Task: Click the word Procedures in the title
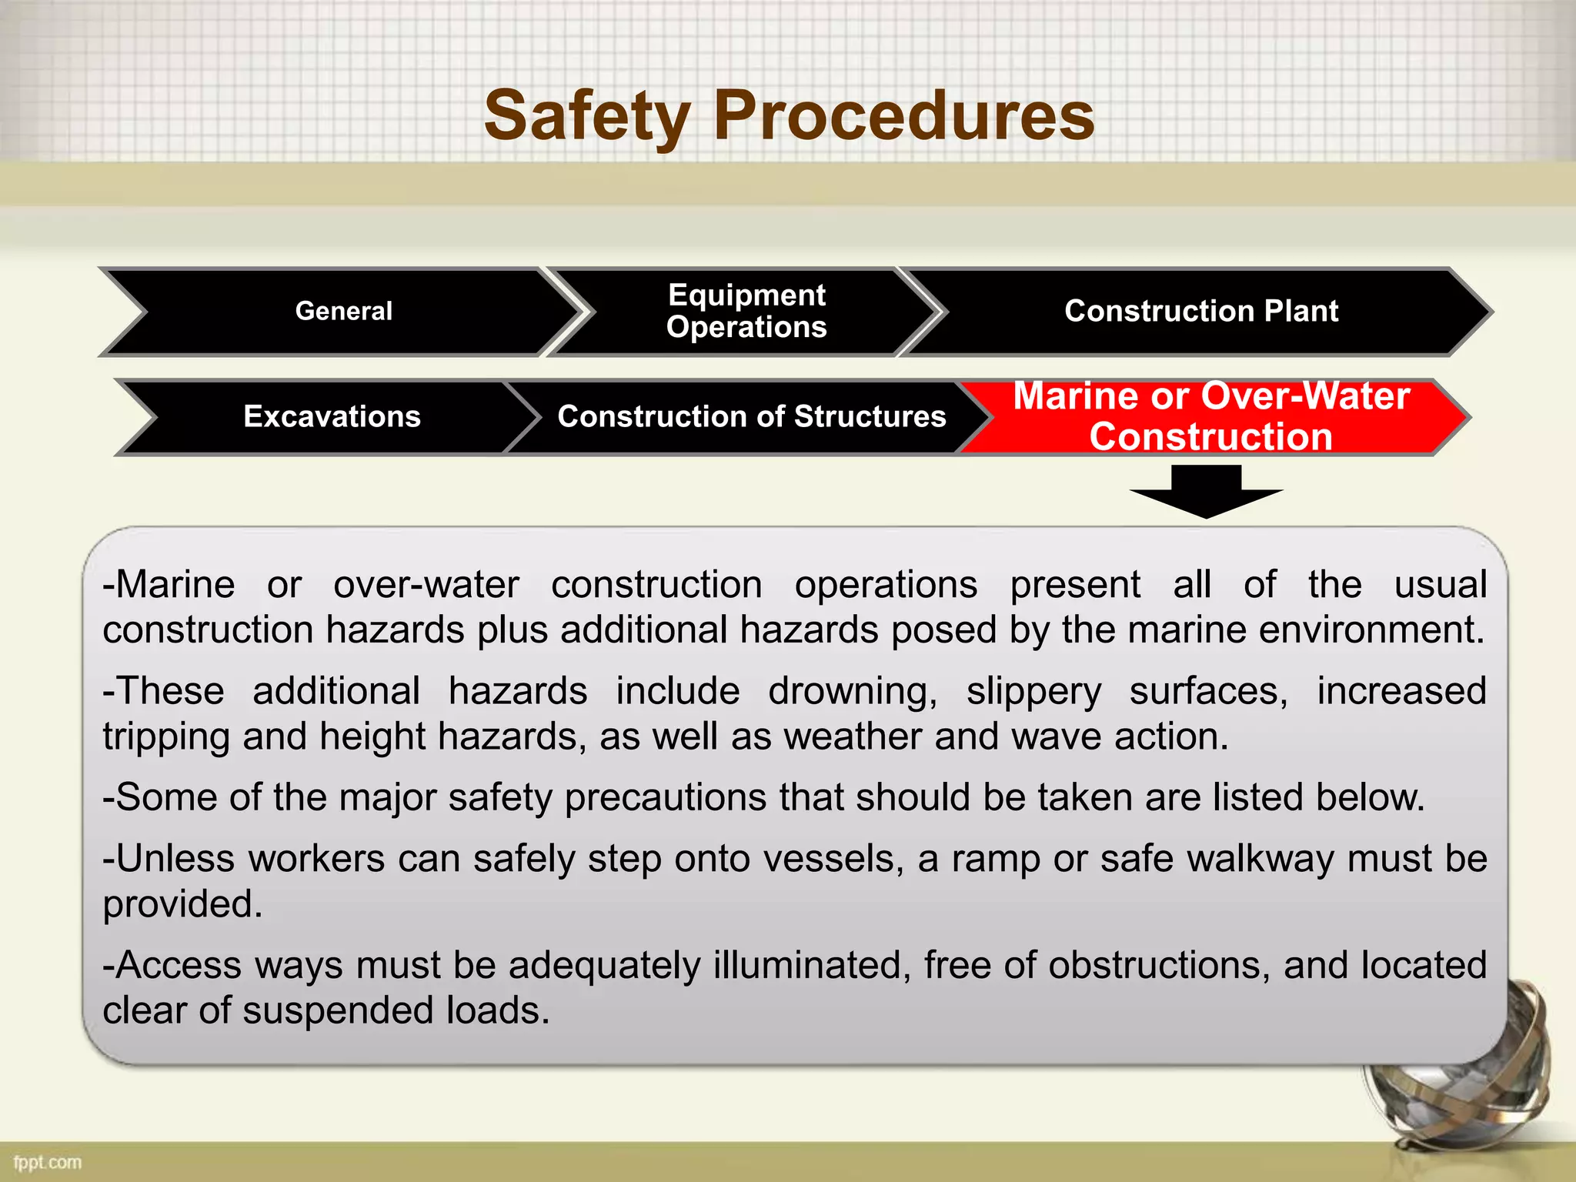coord(904,117)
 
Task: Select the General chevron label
coord(343,311)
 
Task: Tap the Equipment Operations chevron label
coord(746,311)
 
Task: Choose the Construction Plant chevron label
coord(1200,311)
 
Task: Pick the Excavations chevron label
coord(332,416)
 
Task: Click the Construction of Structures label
coord(751,416)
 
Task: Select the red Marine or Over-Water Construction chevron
coord(1211,416)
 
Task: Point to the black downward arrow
coord(1206,492)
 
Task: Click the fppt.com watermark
coord(48,1162)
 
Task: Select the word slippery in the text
coord(1033,691)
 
